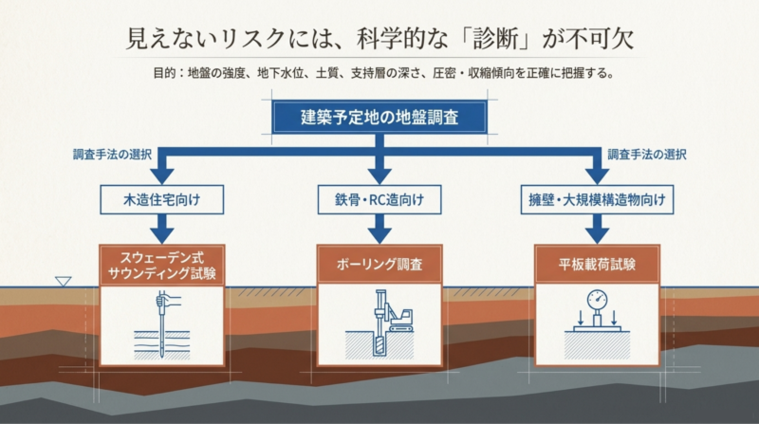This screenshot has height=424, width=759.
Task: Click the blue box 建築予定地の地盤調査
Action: point(379,117)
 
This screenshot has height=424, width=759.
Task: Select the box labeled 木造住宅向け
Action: point(162,199)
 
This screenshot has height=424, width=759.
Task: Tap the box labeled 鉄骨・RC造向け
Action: point(379,199)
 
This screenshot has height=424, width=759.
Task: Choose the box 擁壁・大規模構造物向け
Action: point(598,199)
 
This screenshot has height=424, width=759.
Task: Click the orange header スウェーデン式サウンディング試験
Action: point(162,266)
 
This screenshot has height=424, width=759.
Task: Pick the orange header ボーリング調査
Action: point(379,265)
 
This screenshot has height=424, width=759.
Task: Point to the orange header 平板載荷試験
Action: point(598,265)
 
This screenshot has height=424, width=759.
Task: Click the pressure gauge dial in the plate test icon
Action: point(598,300)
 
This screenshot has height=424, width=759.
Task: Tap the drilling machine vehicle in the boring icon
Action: point(399,320)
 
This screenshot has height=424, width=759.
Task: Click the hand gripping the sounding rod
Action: point(167,300)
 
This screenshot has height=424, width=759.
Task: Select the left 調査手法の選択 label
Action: point(112,155)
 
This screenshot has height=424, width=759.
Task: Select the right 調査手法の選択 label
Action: point(647,155)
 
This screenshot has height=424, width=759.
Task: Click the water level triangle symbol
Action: point(63,281)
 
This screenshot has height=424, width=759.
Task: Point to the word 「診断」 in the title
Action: point(495,39)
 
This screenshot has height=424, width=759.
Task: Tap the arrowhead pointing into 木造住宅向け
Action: point(162,176)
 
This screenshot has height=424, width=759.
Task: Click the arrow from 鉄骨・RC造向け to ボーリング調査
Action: point(379,229)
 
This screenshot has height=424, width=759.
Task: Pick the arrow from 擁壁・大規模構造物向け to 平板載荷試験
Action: point(598,229)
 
